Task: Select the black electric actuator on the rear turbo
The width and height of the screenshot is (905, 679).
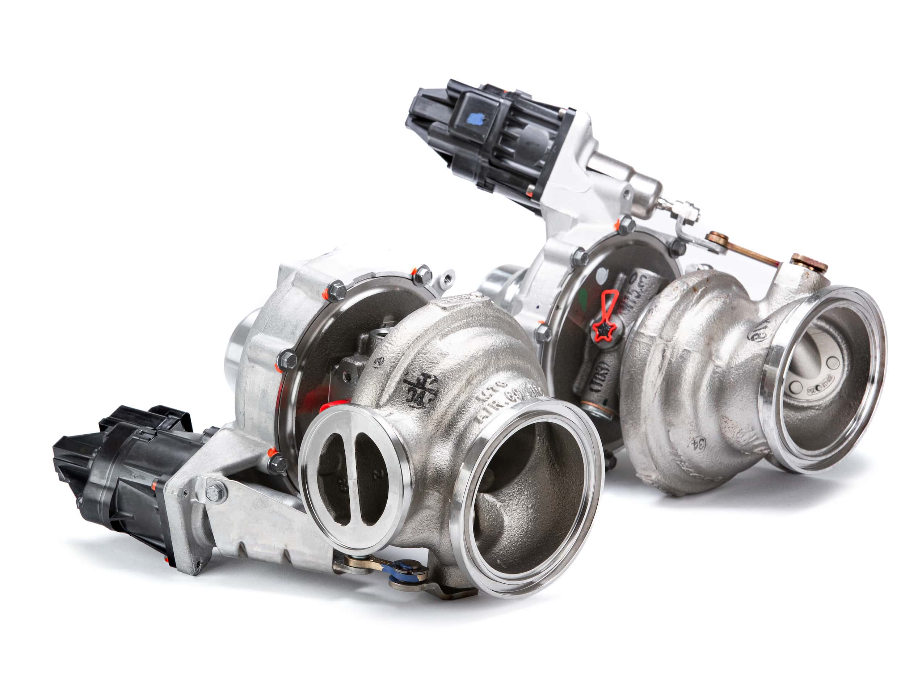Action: [487, 135]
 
